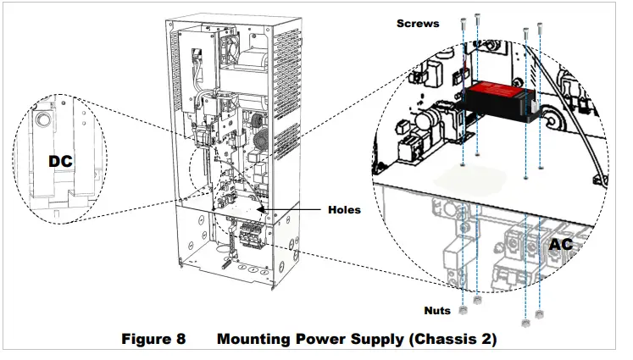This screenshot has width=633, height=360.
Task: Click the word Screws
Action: pos(418,24)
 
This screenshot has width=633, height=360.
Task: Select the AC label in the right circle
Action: pos(562,243)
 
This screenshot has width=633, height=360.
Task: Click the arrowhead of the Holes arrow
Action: pos(264,208)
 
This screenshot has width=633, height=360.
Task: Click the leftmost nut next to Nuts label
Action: pos(463,301)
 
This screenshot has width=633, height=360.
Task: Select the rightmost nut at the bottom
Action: pos(541,317)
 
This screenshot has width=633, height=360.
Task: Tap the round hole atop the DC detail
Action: pos(42,118)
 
